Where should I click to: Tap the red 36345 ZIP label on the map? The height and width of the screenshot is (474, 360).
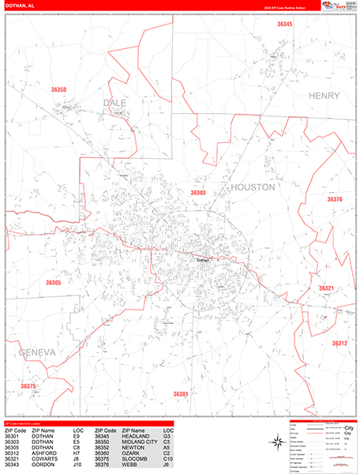284,24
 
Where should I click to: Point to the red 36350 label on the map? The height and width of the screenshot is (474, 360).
58,90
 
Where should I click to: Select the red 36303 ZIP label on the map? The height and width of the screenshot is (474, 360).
198,192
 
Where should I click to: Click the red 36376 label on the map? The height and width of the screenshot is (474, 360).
335,200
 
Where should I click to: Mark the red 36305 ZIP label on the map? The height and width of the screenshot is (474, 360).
54,282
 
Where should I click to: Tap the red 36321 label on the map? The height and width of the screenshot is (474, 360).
327,288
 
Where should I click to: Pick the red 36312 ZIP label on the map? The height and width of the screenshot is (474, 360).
339,344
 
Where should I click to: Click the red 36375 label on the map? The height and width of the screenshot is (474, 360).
28,386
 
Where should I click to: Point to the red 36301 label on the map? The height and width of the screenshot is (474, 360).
180,393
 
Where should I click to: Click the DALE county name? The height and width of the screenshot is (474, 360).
115,103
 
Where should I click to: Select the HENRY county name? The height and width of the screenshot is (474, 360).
324,96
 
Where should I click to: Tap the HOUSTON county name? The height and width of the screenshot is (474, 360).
253,187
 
